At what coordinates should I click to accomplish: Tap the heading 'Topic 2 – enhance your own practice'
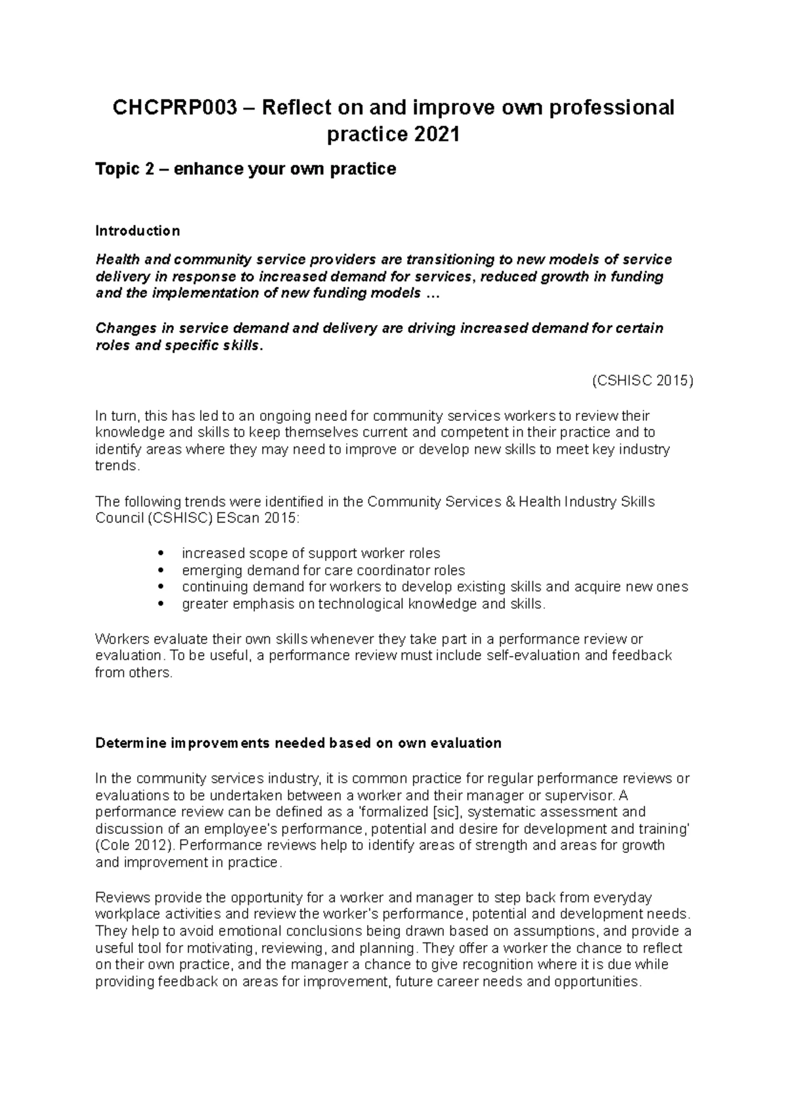click(x=246, y=169)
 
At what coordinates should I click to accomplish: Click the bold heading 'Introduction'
click(x=137, y=230)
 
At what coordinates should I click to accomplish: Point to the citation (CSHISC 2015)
click(x=642, y=380)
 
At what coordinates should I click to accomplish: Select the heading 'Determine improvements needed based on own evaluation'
click(x=298, y=743)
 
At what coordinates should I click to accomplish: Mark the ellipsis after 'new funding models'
click(x=431, y=294)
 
